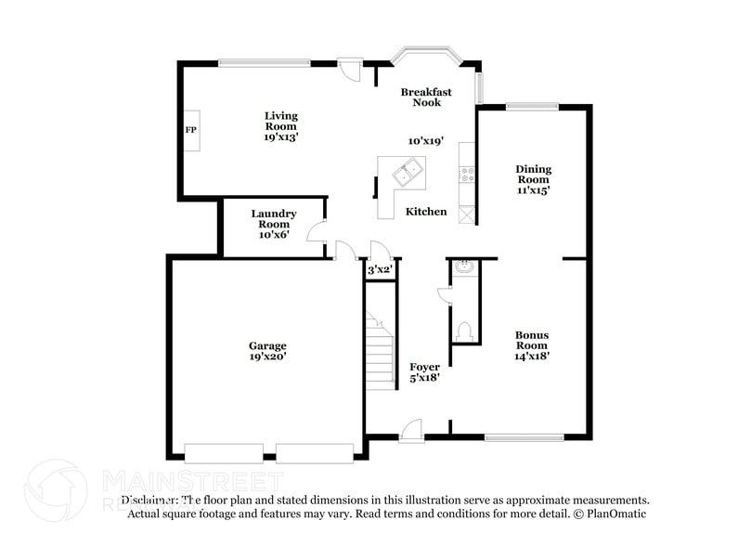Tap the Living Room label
click(x=280, y=121)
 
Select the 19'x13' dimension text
click(x=280, y=136)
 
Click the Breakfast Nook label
click(x=426, y=97)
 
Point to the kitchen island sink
click(x=407, y=173)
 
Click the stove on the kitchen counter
click(x=466, y=174)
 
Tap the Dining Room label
click(x=533, y=175)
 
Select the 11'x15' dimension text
click(x=533, y=190)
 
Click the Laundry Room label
click(x=273, y=218)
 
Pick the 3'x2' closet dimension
click(x=381, y=270)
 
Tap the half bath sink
click(x=464, y=269)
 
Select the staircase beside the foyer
click(x=380, y=353)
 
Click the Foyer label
click(x=424, y=367)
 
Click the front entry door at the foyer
click(x=410, y=431)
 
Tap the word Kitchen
click(x=426, y=212)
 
